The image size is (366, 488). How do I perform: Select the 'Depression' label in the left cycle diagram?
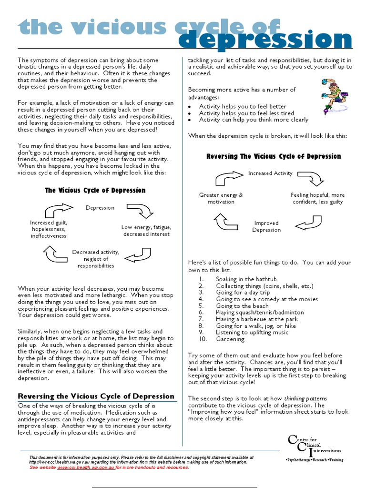click(x=100, y=208)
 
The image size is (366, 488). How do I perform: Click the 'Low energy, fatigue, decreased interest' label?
click(x=146, y=231)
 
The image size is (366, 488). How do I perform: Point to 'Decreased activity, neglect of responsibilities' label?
click(x=96, y=259)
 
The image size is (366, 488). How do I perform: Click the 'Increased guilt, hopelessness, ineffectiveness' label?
click(x=49, y=229)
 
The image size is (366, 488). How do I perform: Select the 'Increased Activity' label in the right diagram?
click(x=270, y=173)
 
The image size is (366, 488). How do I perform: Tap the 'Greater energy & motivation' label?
click(x=221, y=198)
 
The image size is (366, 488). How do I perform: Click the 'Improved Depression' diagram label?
click(x=266, y=226)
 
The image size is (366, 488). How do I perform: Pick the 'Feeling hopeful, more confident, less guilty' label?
click(x=317, y=198)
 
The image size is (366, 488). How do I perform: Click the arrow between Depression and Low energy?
click(x=139, y=210)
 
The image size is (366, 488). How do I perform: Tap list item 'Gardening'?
click(x=230, y=339)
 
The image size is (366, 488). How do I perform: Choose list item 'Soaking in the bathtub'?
click(x=246, y=279)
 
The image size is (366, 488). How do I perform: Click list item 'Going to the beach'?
click(x=242, y=306)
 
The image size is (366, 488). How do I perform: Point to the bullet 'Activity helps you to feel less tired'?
click(x=246, y=113)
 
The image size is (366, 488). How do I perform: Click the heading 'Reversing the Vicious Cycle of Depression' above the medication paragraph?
click(x=96, y=396)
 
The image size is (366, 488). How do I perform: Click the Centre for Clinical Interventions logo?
click(x=314, y=448)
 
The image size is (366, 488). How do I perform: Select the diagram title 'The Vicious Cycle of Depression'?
click(x=95, y=190)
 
